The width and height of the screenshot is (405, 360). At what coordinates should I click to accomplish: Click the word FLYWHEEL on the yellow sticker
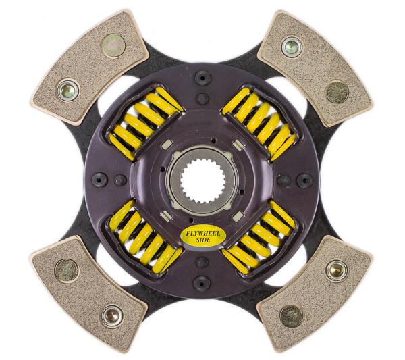(x=204, y=234)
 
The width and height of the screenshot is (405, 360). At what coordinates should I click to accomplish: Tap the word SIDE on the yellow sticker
(x=204, y=240)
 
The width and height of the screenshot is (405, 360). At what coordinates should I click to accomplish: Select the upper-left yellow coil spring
(x=146, y=124)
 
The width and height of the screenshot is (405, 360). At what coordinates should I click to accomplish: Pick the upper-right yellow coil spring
(x=259, y=124)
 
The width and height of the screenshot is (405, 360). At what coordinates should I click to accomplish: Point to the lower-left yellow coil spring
(x=146, y=236)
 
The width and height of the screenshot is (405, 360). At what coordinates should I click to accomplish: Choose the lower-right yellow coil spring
(x=259, y=236)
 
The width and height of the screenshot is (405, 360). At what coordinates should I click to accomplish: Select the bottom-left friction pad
(x=89, y=294)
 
